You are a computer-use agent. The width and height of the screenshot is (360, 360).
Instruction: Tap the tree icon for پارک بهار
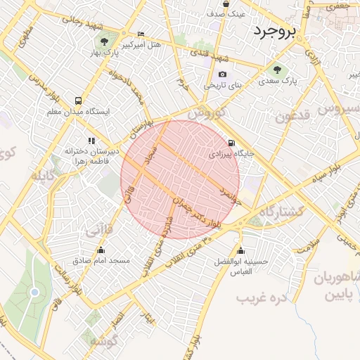point(105,40)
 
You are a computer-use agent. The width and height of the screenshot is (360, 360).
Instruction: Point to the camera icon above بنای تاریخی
point(223,75)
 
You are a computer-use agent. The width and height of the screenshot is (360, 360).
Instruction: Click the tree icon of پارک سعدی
point(276,70)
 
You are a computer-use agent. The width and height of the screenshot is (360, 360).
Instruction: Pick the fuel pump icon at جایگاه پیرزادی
point(233,143)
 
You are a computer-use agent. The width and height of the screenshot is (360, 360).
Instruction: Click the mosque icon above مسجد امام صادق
point(101,250)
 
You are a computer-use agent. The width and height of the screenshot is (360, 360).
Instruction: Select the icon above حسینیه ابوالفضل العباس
point(241,251)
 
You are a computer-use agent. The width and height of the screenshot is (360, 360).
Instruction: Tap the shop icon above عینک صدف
point(226,4)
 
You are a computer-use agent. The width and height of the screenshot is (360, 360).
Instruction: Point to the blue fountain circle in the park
point(34,292)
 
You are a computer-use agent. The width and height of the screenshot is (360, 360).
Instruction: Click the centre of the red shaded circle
point(180,180)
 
